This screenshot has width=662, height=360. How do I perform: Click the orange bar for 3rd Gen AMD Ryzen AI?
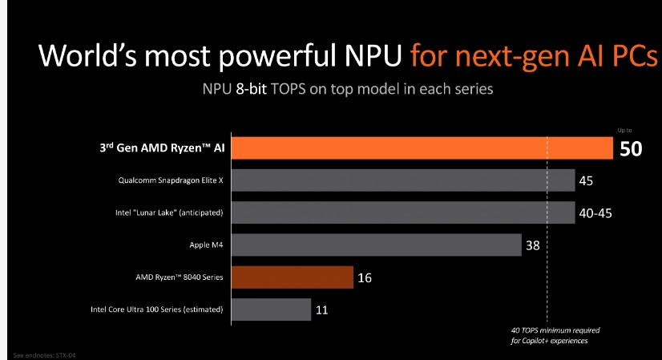[x=421, y=148]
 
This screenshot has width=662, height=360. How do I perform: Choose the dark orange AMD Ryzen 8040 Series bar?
[x=293, y=277]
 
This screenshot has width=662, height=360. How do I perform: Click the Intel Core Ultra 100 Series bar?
[x=271, y=309]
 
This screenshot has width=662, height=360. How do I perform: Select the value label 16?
[x=365, y=277]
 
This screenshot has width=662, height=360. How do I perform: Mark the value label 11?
[x=322, y=309]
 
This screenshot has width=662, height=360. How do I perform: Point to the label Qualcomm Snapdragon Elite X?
[x=170, y=180]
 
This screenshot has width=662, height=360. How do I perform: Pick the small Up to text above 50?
[x=625, y=130]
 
